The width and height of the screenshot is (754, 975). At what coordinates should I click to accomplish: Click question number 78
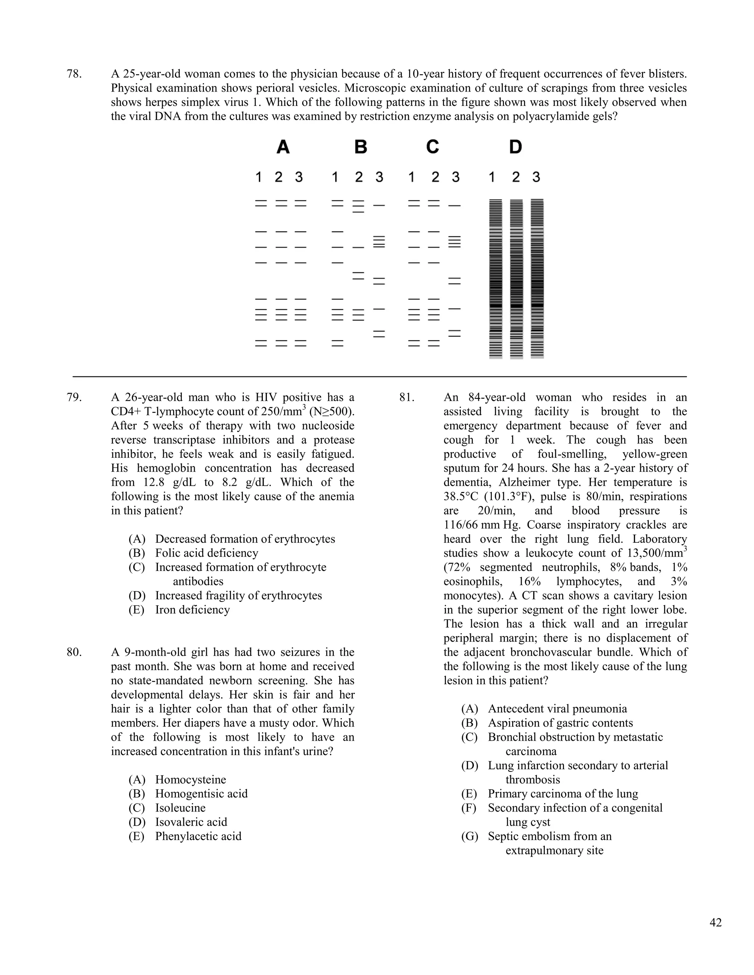(x=74, y=74)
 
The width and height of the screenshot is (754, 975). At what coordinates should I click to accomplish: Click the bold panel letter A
(x=283, y=147)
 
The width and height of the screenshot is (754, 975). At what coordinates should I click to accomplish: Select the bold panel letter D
(x=515, y=147)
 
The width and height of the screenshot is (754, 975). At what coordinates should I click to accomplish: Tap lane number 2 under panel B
(x=359, y=177)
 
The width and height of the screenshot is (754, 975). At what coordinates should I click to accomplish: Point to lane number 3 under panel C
(x=455, y=177)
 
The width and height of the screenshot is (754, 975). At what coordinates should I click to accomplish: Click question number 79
(x=74, y=397)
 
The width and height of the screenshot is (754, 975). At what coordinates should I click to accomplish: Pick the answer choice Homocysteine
(x=190, y=780)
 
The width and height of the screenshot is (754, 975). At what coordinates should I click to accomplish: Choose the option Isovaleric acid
(x=191, y=822)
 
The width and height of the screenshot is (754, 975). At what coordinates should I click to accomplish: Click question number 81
(x=407, y=397)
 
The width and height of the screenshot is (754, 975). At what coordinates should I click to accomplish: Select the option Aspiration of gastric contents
(x=560, y=723)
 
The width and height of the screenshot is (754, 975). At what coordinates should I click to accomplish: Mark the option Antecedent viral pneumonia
(x=557, y=709)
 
